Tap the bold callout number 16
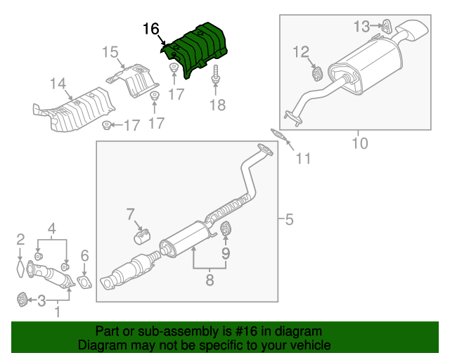151,29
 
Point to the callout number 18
218,105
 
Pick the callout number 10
359,144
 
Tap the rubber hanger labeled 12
316,72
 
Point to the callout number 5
289,221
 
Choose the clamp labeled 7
143,235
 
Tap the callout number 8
209,281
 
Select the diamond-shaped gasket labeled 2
20,269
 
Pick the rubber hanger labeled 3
22,300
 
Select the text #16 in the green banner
245,331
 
